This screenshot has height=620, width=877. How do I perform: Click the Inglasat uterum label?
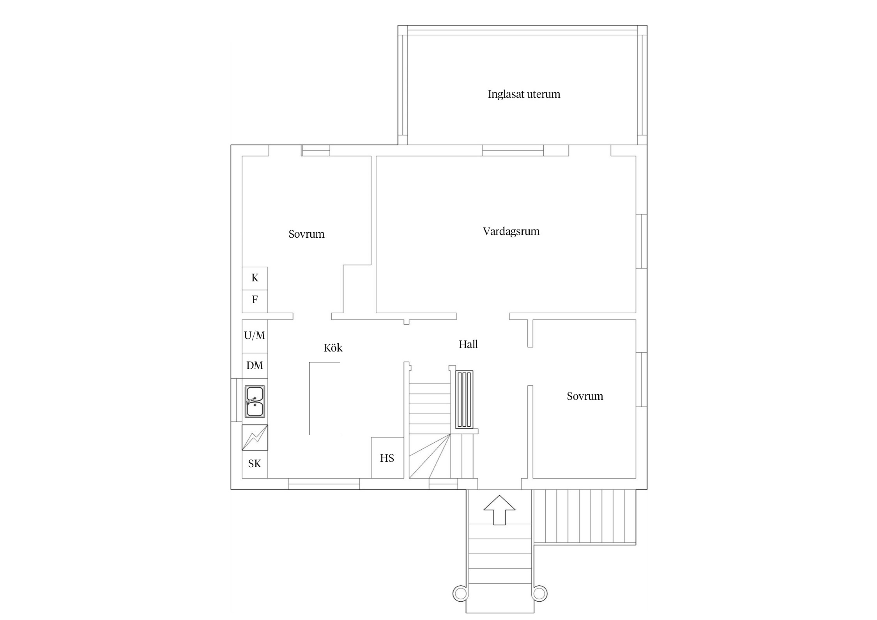click(524, 94)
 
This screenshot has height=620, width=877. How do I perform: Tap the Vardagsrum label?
click(511, 231)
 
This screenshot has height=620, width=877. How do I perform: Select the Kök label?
click(333, 348)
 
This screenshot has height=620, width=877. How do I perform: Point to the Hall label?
click(468, 344)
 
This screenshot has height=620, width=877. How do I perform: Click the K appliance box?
click(255, 278)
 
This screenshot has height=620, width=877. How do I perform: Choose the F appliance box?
click(255, 301)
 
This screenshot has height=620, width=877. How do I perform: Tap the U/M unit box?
click(255, 336)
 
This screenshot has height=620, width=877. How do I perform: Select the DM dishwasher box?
click(255, 366)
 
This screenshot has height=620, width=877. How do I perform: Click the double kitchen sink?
click(255, 401)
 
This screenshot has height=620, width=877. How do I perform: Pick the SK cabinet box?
click(255, 464)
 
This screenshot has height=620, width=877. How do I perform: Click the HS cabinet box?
click(387, 457)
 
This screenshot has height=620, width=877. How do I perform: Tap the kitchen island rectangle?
click(325, 398)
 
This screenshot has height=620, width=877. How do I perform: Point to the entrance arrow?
click(499, 510)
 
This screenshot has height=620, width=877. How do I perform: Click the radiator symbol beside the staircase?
click(464, 399)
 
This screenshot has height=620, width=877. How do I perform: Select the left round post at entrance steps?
click(460, 594)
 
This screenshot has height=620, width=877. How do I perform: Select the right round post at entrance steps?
click(539, 594)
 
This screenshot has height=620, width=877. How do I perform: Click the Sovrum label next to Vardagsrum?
click(306, 234)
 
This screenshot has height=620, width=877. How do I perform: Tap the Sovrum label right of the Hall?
click(585, 396)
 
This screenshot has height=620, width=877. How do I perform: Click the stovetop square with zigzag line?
click(255, 437)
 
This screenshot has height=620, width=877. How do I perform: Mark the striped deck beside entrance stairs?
click(585, 517)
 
